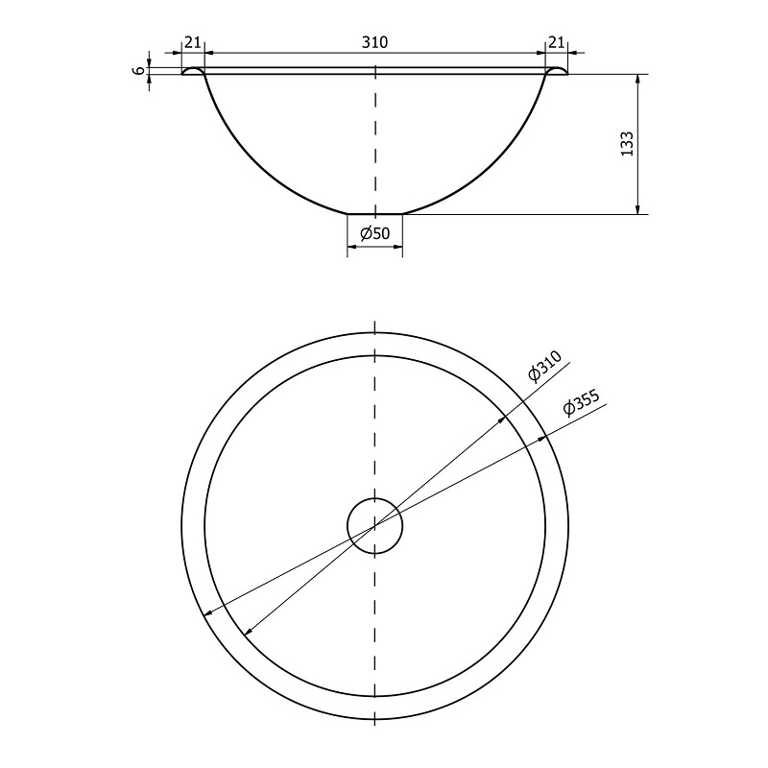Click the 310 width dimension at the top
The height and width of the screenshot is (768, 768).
click(374, 42)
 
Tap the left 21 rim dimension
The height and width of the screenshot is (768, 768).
click(193, 42)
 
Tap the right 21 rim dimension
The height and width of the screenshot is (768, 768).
click(556, 42)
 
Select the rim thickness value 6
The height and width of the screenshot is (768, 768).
click(139, 70)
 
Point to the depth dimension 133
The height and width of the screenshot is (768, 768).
click(627, 143)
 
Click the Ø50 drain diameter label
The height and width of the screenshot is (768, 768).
click(375, 233)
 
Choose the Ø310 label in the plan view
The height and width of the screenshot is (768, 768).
click(544, 367)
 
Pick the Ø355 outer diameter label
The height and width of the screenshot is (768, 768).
click(582, 402)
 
